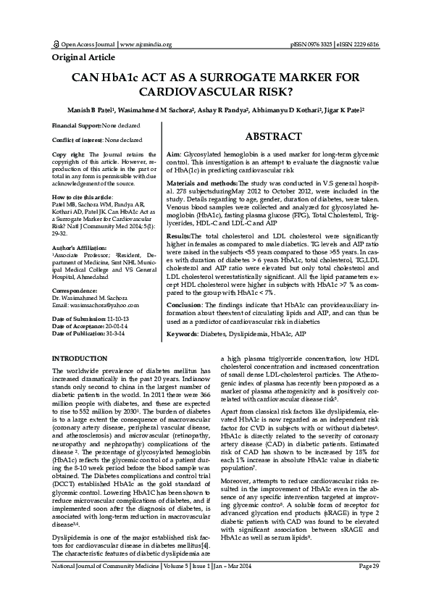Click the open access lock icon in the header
(57, 44)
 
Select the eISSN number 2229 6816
(362, 44)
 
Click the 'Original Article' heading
(84, 57)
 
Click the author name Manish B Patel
(91, 113)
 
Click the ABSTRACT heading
(274, 137)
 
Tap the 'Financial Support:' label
(75, 126)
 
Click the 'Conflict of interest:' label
(77, 140)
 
